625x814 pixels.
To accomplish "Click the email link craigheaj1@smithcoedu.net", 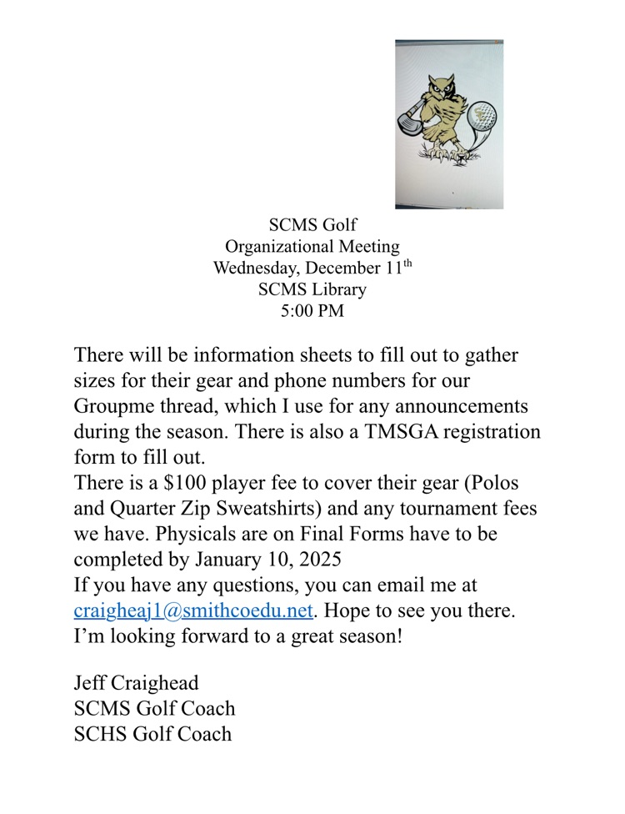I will click(x=193, y=610).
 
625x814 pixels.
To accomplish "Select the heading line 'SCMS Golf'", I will click(x=312, y=225).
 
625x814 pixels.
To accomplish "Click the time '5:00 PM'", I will click(x=312, y=312).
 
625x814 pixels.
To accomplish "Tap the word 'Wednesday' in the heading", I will click(x=253, y=269).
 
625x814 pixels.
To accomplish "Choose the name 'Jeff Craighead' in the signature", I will click(x=136, y=683).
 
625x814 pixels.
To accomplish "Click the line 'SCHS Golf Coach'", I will click(x=152, y=734).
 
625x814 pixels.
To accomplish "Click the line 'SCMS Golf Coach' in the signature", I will click(x=154, y=709).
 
